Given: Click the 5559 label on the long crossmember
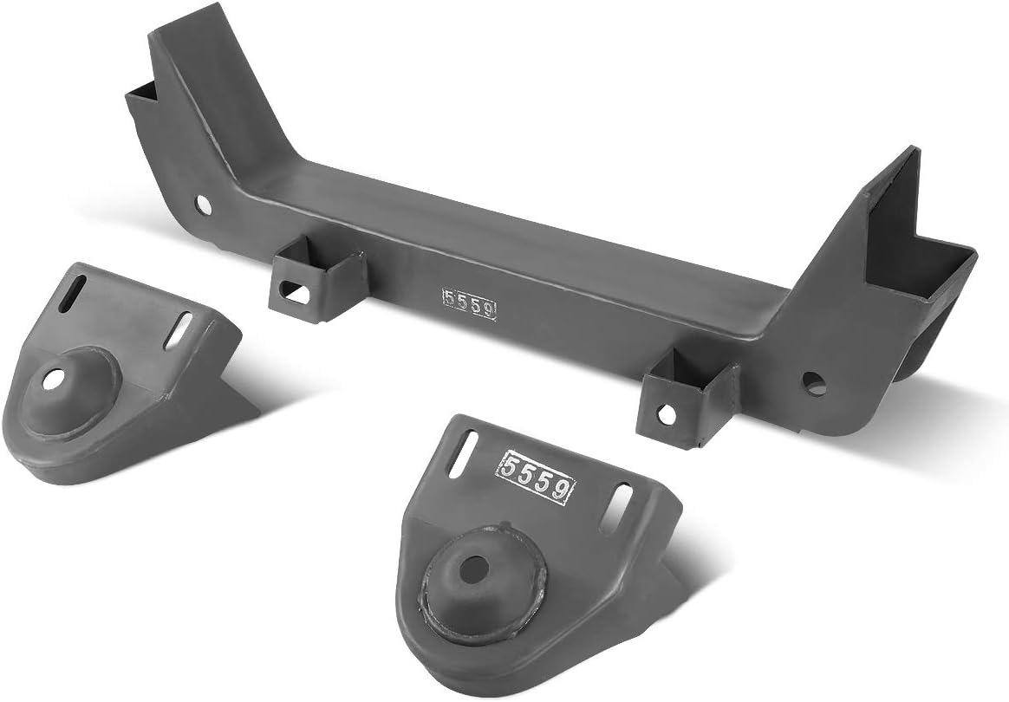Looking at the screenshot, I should pos(469,304).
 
